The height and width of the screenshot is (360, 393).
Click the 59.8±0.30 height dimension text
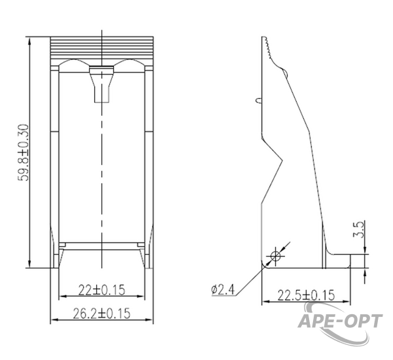click(23, 153)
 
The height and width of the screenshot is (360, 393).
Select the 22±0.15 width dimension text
click(102, 290)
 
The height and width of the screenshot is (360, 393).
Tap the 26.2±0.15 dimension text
click(102, 314)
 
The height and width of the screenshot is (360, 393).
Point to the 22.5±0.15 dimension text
click(306, 295)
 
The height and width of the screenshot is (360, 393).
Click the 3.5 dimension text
click(358, 229)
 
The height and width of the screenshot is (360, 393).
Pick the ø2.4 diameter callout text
click(223, 289)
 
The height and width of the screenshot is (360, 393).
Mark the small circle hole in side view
click(276, 257)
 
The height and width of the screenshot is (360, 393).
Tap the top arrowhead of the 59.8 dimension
click(29, 41)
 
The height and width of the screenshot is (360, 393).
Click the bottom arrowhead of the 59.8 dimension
click(29, 264)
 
